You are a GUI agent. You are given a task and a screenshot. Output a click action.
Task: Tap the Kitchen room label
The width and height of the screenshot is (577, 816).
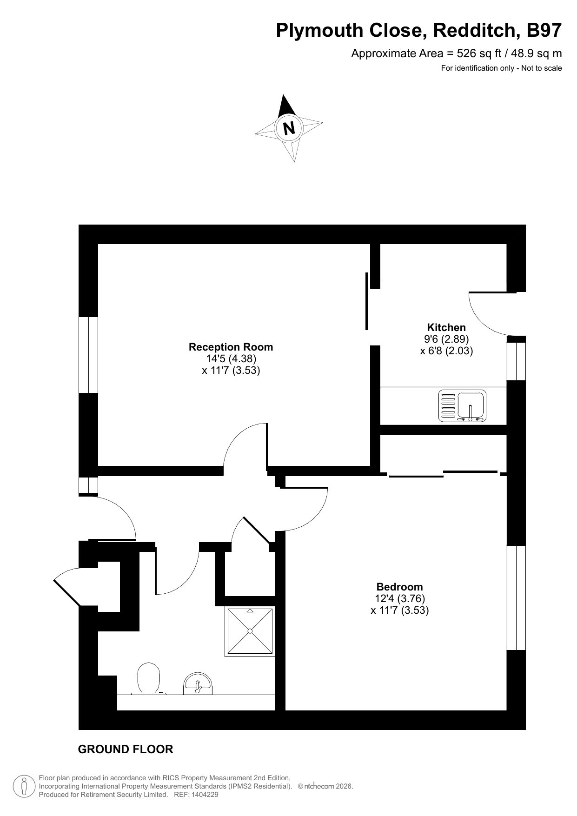coord(446,327)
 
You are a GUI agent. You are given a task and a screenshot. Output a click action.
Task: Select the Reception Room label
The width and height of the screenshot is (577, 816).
coord(231,347)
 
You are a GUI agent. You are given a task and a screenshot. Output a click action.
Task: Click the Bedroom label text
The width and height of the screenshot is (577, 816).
coord(400,587)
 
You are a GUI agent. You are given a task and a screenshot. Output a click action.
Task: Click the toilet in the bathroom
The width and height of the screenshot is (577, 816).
coord(149,678)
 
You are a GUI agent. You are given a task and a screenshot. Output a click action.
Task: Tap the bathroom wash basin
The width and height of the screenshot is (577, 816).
coord(198,684)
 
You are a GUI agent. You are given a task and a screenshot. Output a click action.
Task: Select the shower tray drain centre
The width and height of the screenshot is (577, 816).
coord(250,631)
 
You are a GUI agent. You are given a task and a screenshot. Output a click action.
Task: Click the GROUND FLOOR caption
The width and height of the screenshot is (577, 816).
coord(126,749)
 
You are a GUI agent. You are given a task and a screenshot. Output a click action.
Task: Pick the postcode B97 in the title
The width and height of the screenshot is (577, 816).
coord(544,31)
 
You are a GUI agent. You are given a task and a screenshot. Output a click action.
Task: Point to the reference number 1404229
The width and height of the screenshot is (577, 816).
coord(202,795)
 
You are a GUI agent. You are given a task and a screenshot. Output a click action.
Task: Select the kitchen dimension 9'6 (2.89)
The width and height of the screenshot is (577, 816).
coord(446,339)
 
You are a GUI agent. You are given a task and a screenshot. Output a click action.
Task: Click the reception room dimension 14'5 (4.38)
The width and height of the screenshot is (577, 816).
coord(231,358)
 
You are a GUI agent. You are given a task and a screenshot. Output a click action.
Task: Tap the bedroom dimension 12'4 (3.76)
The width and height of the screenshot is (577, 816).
coord(400,598)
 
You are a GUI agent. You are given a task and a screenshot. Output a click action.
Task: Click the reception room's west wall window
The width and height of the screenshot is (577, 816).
coord(88,355)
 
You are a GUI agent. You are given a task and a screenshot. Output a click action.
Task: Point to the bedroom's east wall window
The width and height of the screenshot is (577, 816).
coord(516,597)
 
